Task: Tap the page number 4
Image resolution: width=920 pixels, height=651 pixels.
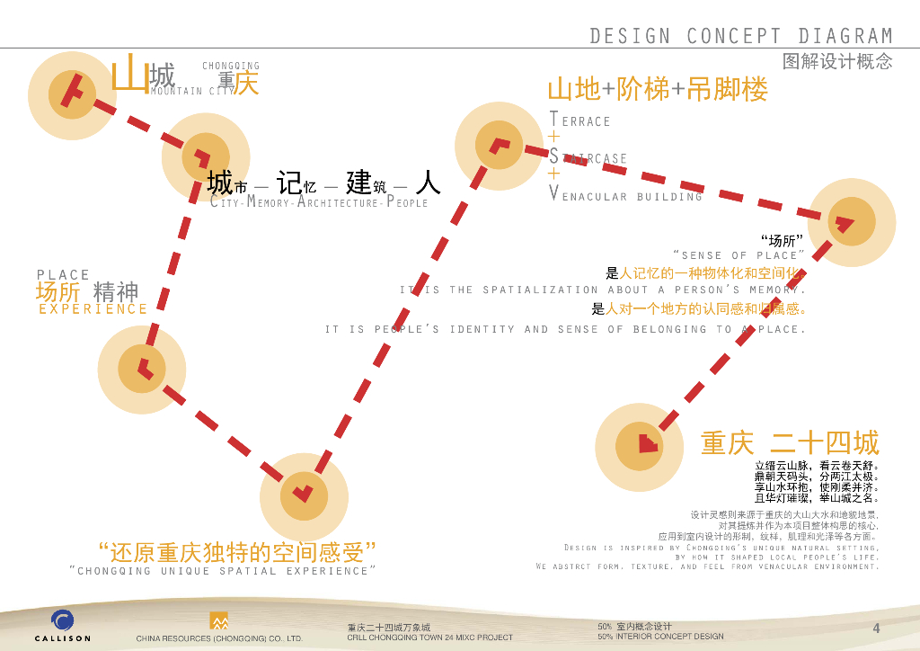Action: coord(876,628)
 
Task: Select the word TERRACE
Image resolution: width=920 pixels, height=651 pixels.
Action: coord(580,120)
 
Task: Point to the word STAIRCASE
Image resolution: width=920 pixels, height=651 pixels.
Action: coord(588,158)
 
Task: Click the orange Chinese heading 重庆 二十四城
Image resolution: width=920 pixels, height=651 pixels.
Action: coord(790,443)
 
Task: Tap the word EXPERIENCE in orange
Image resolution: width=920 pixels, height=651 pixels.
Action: coord(93,309)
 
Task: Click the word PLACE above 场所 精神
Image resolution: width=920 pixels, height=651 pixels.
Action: coord(63,275)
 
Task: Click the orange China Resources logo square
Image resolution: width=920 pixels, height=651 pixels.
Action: coord(218,621)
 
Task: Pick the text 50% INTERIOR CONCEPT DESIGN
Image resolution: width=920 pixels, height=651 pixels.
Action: coord(660,637)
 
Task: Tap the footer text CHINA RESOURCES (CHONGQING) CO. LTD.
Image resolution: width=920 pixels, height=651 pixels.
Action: coord(219,638)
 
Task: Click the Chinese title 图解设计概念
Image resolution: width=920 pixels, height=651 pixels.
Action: coord(837,62)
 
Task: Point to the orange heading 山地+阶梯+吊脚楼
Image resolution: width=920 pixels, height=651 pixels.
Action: coord(658,90)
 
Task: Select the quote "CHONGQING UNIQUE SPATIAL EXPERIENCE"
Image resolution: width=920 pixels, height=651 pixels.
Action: coord(222,571)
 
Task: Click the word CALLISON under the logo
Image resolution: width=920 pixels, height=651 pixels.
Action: coord(63,638)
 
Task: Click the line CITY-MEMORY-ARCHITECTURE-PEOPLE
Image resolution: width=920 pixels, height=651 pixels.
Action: coord(319,203)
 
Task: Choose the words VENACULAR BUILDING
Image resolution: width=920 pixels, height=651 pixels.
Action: coord(625,196)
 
